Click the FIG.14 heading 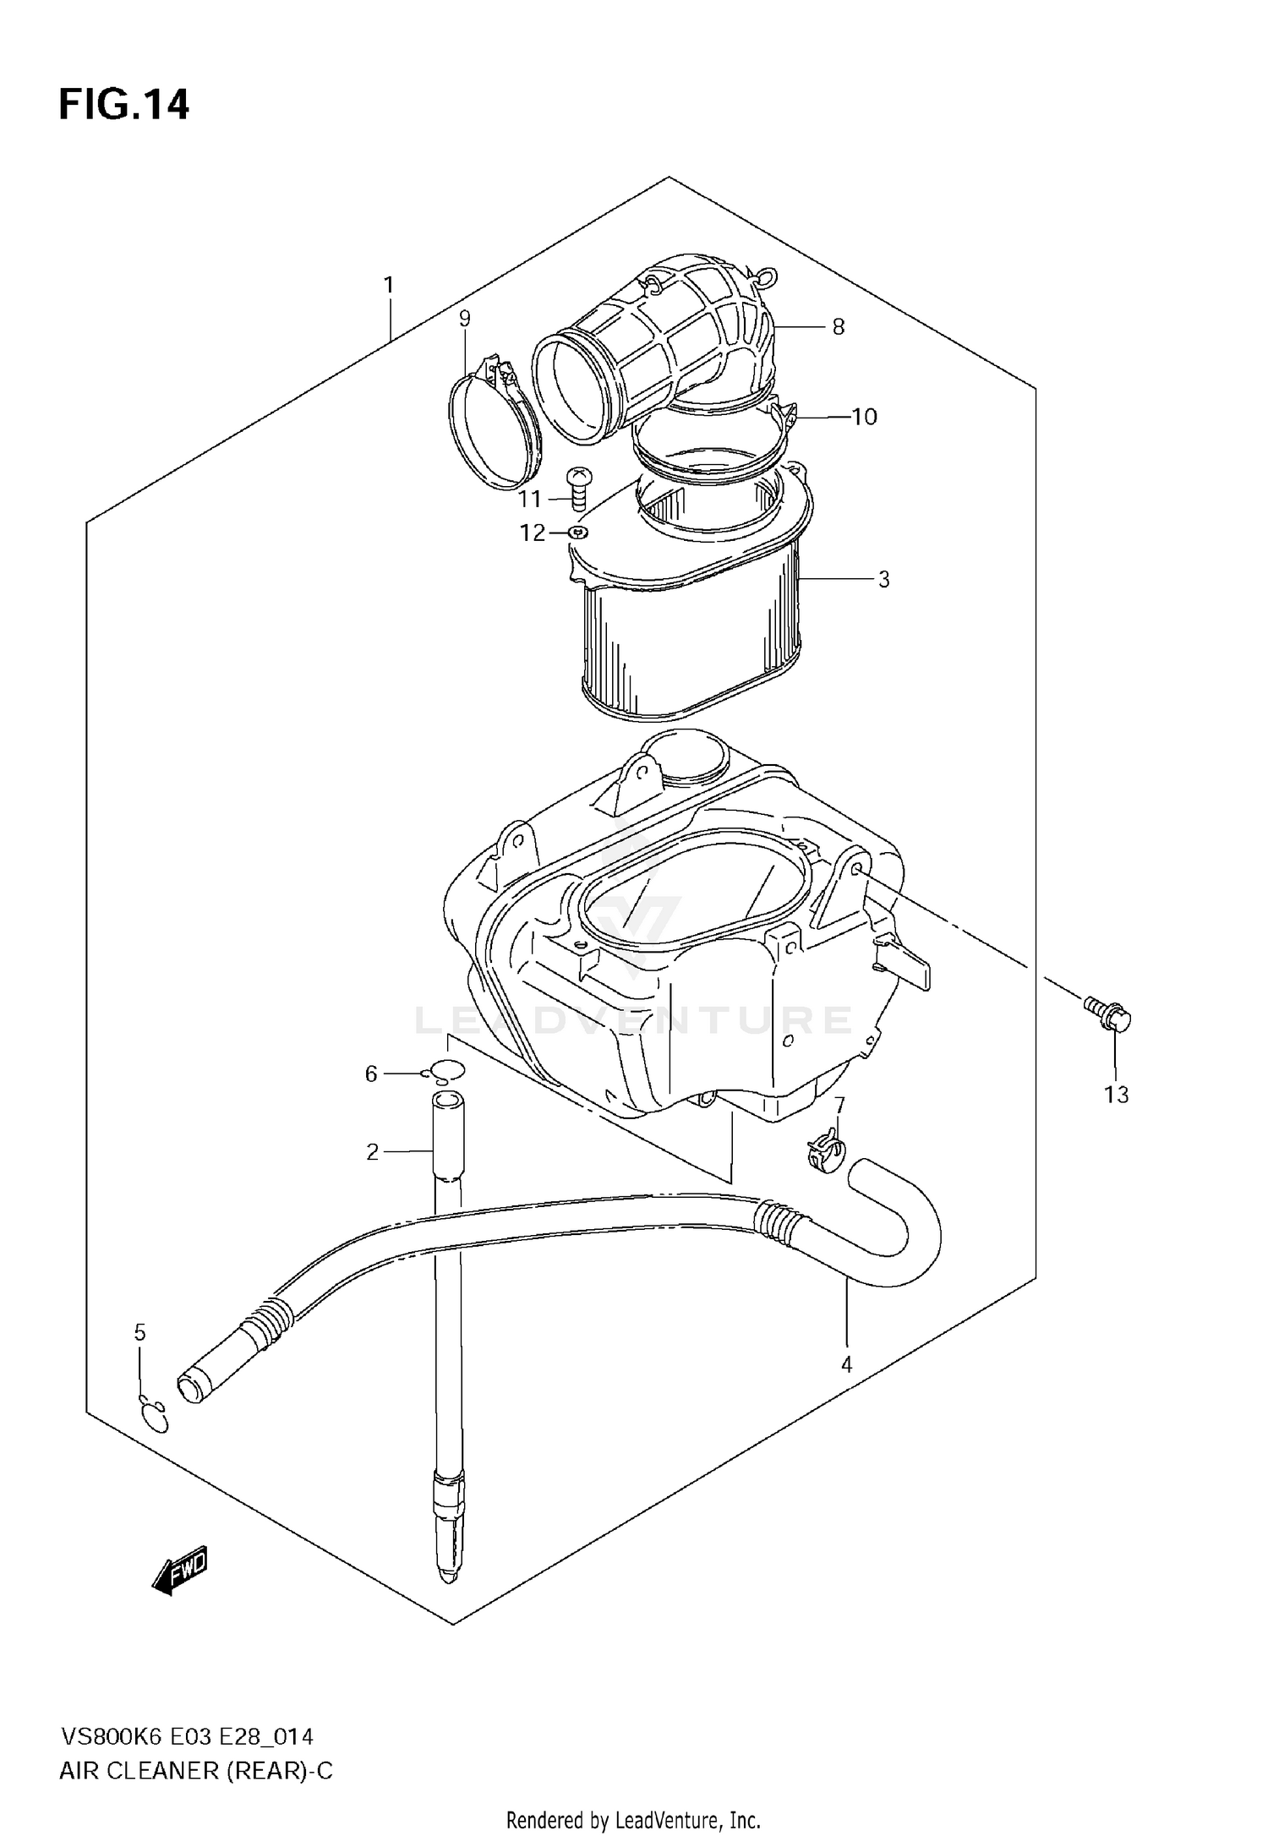[x=124, y=105]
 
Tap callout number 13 [x=1116, y=1095]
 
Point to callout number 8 [x=838, y=327]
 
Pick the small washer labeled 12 [x=578, y=532]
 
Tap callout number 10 [x=864, y=417]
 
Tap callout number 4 [x=846, y=1363]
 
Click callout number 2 [x=372, y=1151]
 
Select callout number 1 [x=389, y=285]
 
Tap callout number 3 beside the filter [x=883, y=579]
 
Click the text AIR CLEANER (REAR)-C [x=196, y=1771]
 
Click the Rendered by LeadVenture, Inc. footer [x=633, y=1819]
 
